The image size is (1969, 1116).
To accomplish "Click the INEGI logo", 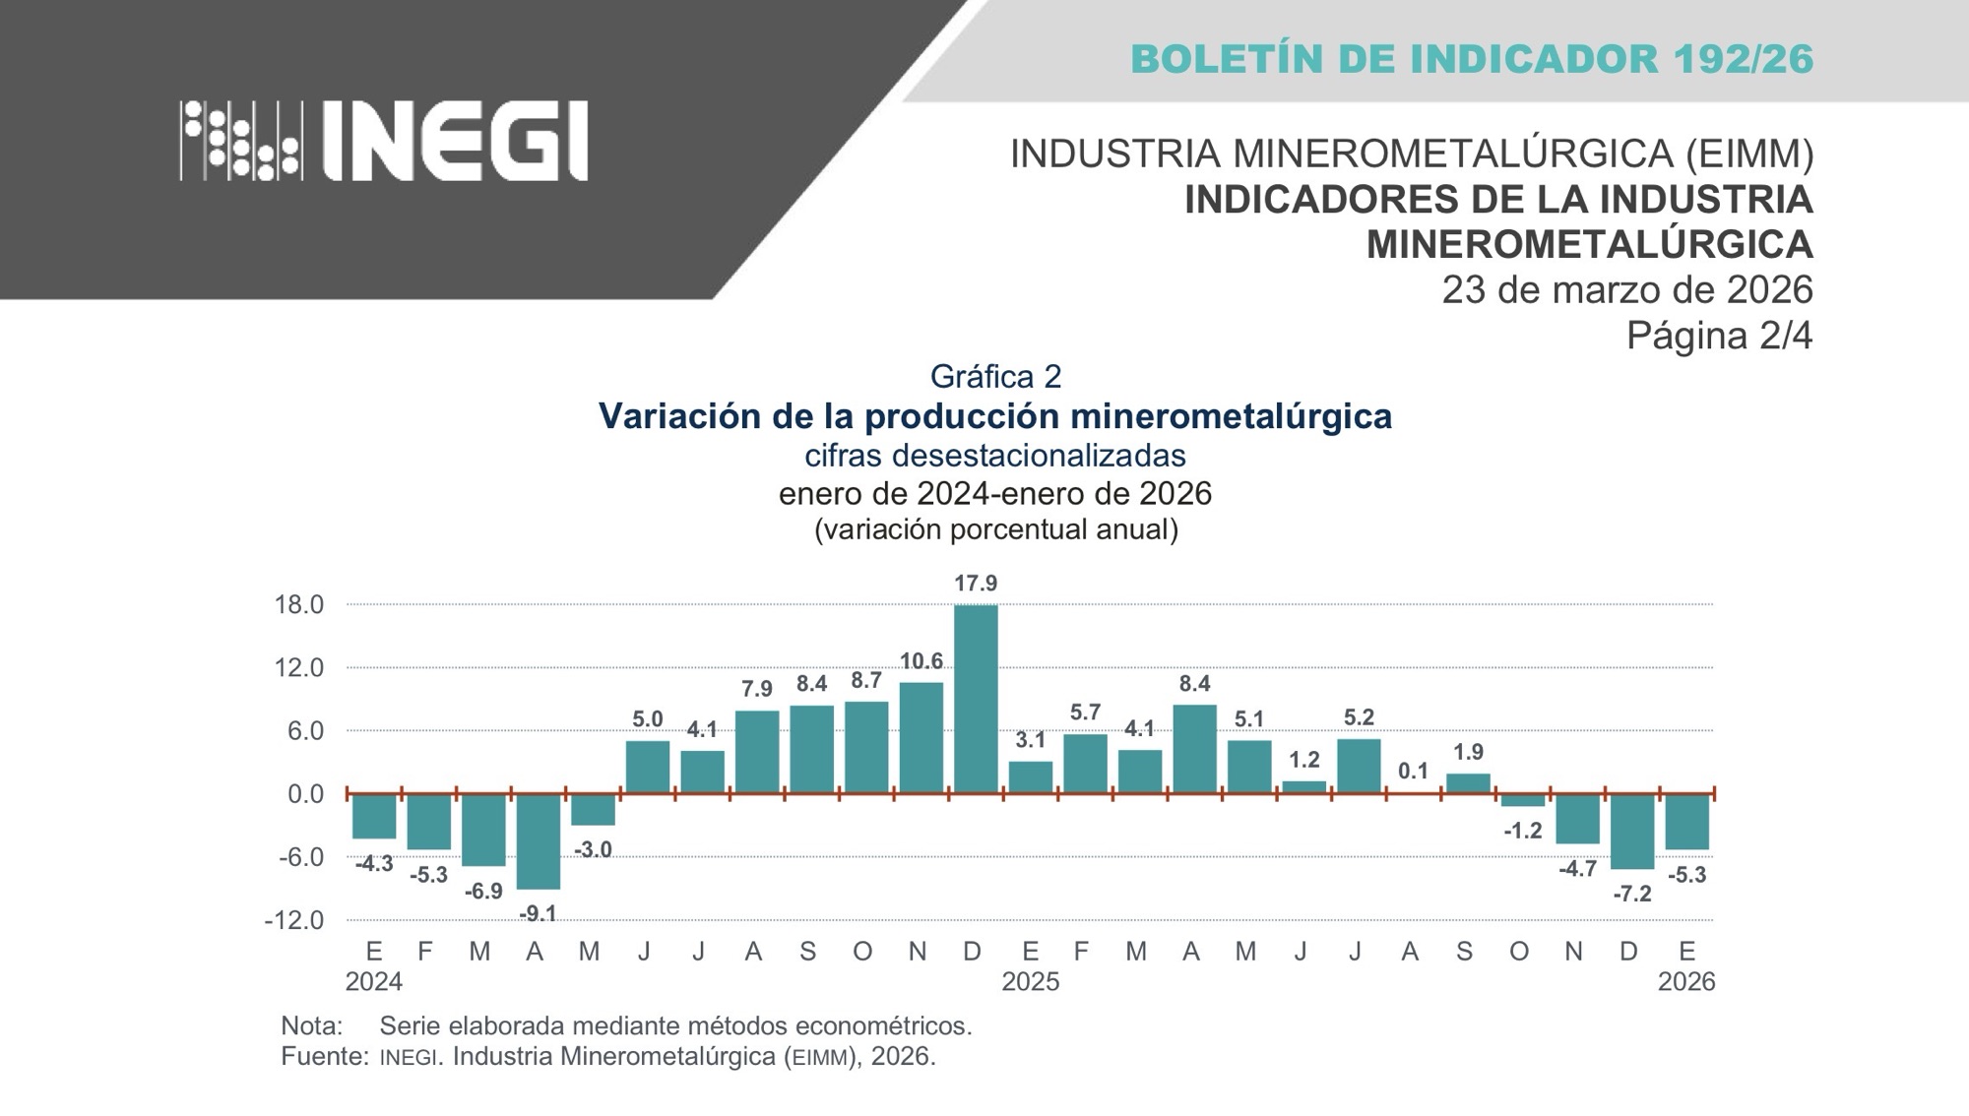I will [x=384, y=140].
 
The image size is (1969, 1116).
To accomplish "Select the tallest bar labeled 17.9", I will [x=976, y=699].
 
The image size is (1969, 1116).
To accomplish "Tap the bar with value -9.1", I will [x=539, y=841].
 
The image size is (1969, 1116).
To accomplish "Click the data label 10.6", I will [x=921, y=661].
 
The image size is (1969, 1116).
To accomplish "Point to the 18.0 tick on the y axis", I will [x=299, y=604].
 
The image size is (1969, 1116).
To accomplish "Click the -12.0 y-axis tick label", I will [x=293, y=920].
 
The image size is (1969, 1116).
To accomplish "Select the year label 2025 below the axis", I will [x=1030, y=982].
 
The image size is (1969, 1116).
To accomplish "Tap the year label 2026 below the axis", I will [x=1686, y=982].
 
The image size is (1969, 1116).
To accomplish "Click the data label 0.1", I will [x=1413, y=772].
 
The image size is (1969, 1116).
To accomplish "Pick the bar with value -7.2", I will [x=1632, y=832].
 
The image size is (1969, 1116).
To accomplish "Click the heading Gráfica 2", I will [x=995, y=376].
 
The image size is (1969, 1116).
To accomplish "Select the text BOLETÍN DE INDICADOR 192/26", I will [x=1472, y=59].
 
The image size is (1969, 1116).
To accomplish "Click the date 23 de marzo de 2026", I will [x=1626, y=290].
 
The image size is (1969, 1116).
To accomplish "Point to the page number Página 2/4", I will [x=1718, y=336].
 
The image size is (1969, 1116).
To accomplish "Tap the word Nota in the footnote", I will [x=311, y=1025].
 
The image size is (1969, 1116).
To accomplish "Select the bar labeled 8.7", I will [x=866, y=747].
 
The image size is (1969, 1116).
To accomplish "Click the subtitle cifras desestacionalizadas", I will [x=994, y=456].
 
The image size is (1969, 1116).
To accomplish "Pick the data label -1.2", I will [x=1522, y=831].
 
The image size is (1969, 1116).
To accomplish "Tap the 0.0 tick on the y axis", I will [x=305, y=794].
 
